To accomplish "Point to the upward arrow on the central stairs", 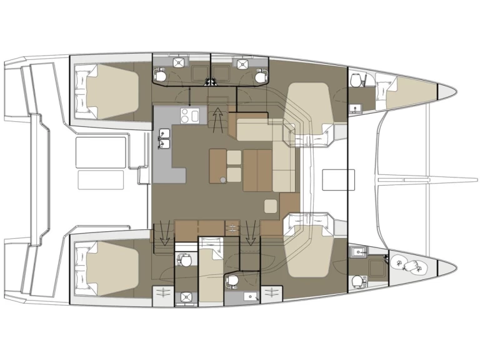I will coord(217,117).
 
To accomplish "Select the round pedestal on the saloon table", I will coord(223,181).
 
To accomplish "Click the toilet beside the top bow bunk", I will coord(356,82).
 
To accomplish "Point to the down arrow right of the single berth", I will coord(251,234).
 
